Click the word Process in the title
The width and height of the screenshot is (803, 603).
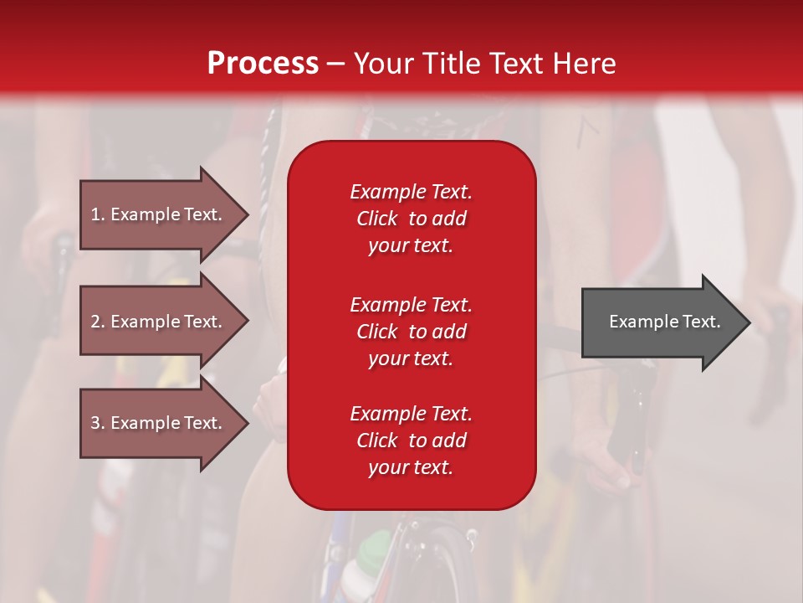tap(263, 64)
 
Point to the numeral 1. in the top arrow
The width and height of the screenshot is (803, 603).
tap(98, 214)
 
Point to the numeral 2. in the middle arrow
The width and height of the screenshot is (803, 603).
tap(98, 322)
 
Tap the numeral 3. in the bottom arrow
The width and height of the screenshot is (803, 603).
tap(98, 423)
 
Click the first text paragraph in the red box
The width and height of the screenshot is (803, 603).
tap(411, 219)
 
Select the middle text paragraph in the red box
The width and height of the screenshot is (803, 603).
tap(411, 332)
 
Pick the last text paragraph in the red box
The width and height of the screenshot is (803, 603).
tap(411, 441)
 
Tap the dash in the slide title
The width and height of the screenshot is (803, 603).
tap(335, 64)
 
